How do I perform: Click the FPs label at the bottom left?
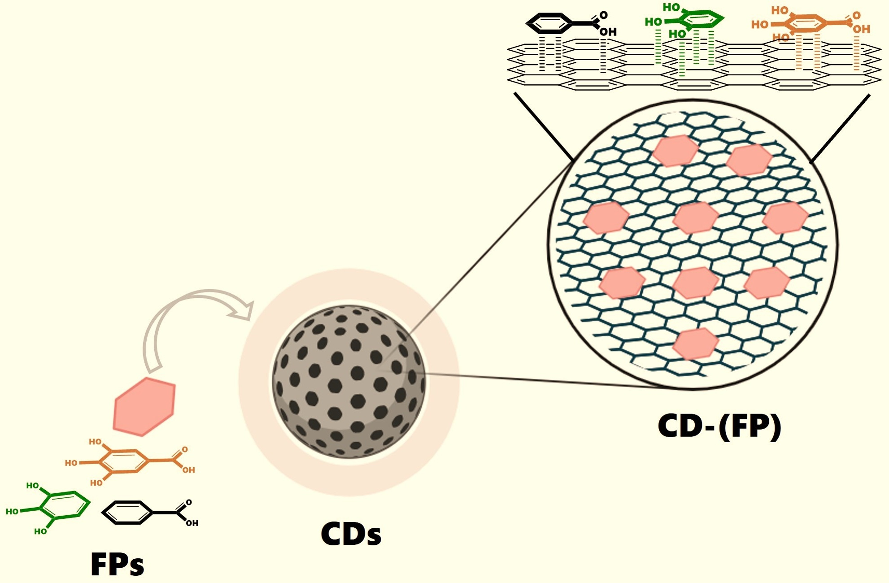point(117,564)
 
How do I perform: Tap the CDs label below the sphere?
point(351,534)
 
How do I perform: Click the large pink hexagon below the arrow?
point(144,406)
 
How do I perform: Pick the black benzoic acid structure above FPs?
point(128,512)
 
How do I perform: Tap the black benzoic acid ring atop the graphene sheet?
point(549,23)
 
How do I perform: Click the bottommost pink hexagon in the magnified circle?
point(695,344)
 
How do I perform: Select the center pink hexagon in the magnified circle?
point(696,218)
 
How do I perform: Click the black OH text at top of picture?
point(608,32)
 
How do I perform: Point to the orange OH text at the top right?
point(861,30)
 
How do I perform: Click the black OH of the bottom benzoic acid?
point(192,523)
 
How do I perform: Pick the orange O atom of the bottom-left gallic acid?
point(185,449)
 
